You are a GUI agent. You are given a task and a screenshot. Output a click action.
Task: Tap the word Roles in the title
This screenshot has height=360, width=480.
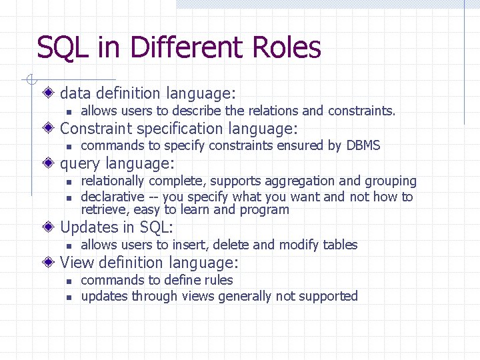[x=287, y=48]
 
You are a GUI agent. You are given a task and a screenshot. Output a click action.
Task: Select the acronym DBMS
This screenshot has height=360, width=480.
[x=363, y=145]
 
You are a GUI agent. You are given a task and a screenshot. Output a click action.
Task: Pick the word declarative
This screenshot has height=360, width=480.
[x=112, y=197]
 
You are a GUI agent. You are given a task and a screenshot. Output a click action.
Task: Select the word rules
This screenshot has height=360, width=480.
[x=218, y=280]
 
